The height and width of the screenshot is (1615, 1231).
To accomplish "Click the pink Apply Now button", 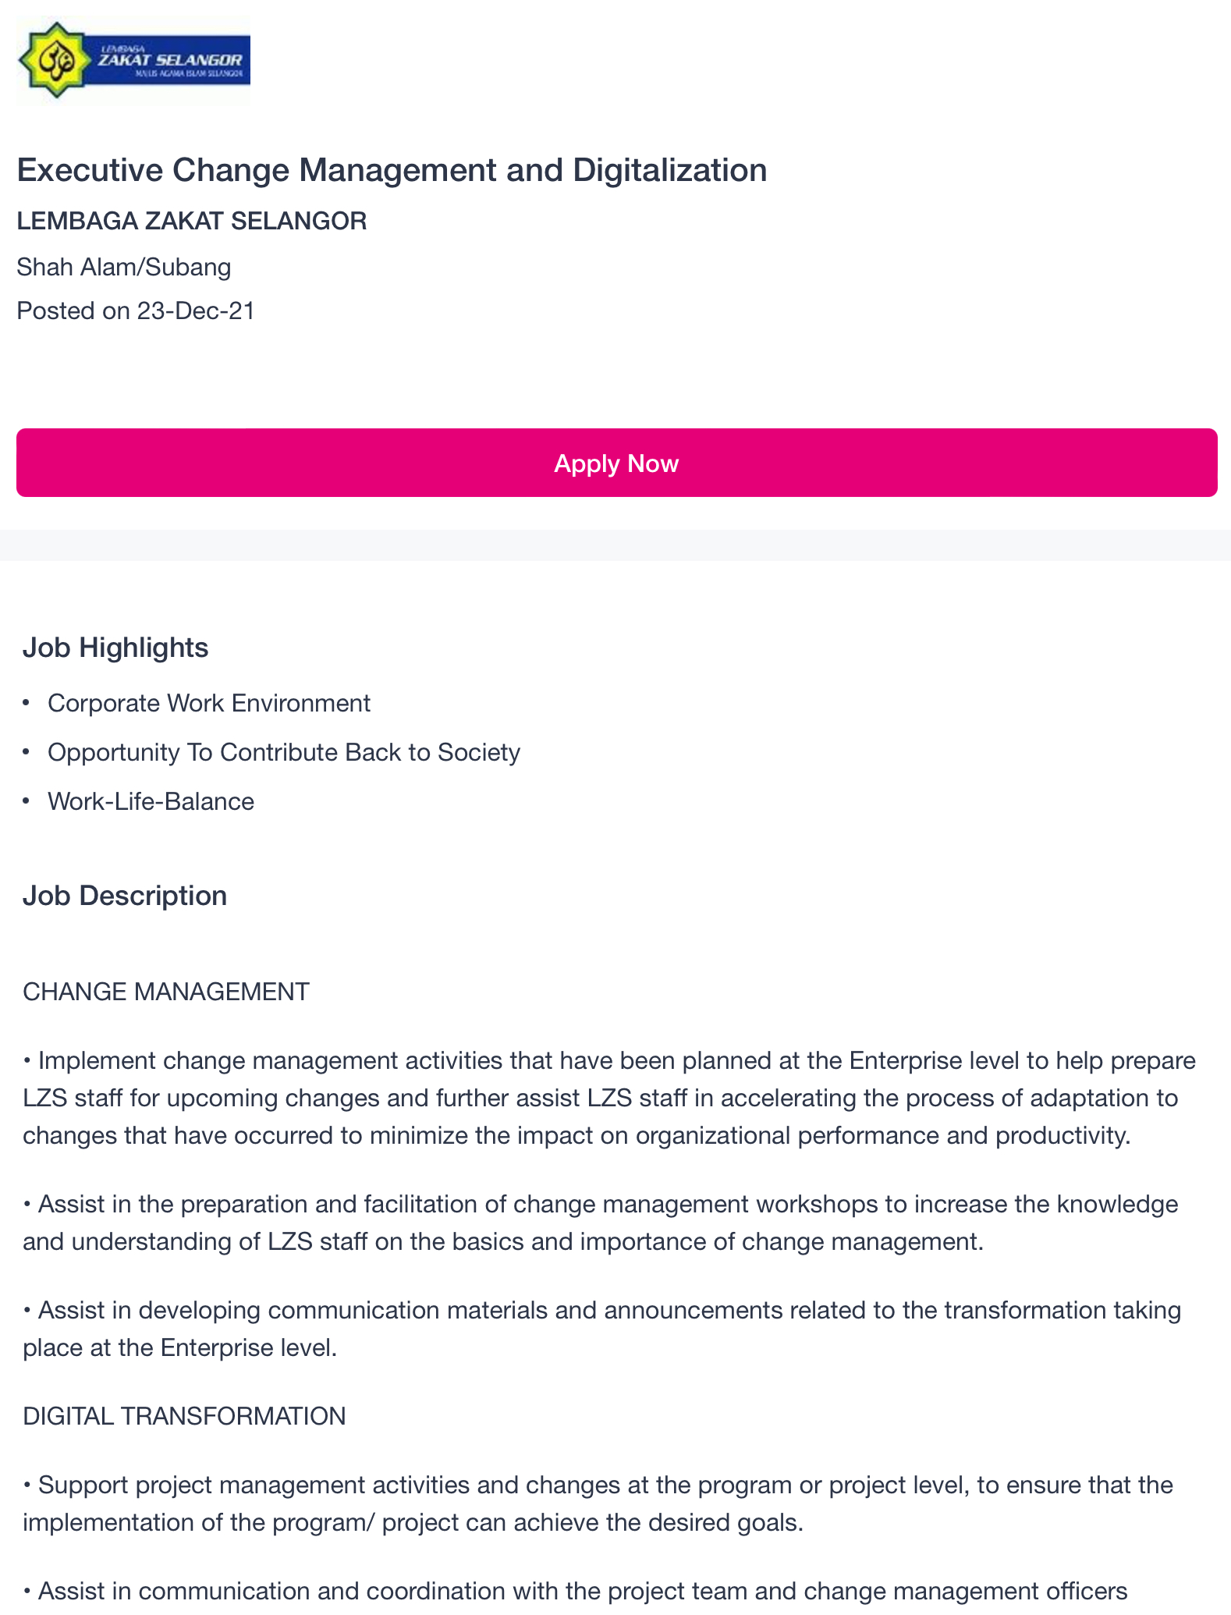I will (x=616, y=463).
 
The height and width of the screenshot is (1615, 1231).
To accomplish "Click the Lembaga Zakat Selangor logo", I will (x=133, y=60).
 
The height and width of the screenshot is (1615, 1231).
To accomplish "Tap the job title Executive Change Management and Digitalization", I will (x=392, y=170).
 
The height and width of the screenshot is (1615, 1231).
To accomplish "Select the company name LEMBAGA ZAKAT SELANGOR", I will (x=191, y=221).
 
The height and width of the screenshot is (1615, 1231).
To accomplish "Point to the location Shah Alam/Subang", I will (x=124, y=267).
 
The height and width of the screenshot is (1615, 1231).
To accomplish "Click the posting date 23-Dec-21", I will (x=196, y=311).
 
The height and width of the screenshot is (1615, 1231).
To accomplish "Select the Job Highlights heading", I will (x=115, y=648).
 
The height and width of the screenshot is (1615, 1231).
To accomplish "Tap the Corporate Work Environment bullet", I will (x=209, y=703).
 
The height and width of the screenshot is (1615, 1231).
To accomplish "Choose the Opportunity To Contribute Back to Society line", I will (x=284, y=752).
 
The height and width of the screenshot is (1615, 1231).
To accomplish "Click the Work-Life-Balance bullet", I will (x=151, y=801).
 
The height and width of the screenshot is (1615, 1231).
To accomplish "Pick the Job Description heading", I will (x=125, y=896).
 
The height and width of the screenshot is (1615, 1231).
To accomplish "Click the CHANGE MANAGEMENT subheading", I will (x=166, y=992).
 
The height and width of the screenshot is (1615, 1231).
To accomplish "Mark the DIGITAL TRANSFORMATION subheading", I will (x=184, y=1416).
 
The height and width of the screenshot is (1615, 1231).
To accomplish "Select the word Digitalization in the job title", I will (x=670, y=170).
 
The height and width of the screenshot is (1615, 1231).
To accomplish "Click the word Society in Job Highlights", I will (x=479, y=752).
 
